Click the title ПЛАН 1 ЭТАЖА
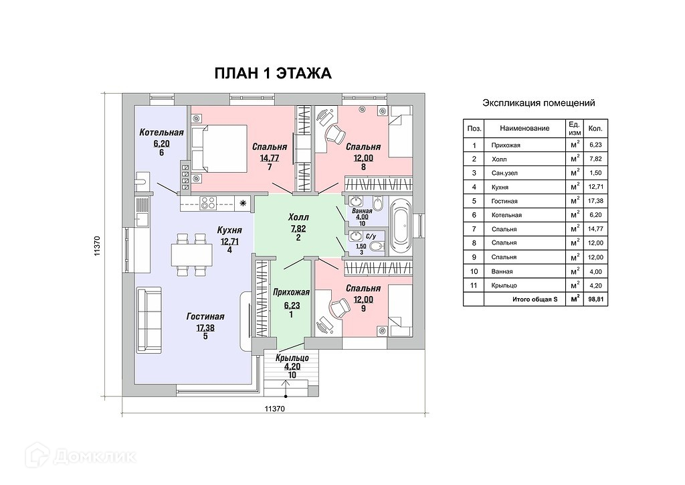pyautogui.click(x=272, y=73)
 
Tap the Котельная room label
pyautogui.click(x=161, y=133)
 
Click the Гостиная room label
pyautogui.click(x=205, y=317)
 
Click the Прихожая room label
pyautogui.click(x=291, y=292)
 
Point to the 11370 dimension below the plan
pyautogui.click(x=274, y=409)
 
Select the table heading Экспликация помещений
pyautogui.click(x=539, y=103)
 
